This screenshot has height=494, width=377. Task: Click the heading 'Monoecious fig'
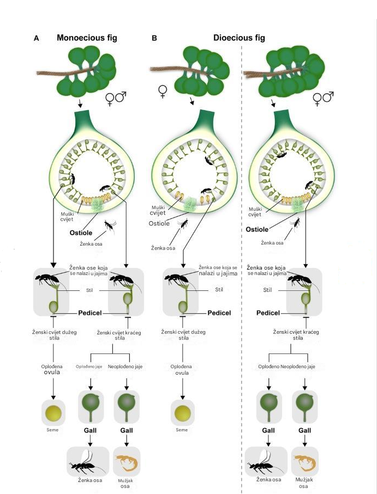(87, 38)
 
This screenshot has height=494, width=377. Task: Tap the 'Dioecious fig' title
(239, 38)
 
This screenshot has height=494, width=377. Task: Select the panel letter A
(36, 39)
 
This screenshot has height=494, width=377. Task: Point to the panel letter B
(154, 39)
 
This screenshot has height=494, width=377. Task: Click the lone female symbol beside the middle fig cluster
(161, 90)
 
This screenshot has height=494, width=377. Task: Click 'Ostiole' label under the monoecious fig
(82, 233)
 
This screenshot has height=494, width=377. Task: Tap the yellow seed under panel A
(53, 412)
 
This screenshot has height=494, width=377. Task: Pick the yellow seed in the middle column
(182, 412)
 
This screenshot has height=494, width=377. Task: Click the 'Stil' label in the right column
(267, 290)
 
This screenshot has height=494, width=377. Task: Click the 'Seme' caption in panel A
(53, 430)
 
